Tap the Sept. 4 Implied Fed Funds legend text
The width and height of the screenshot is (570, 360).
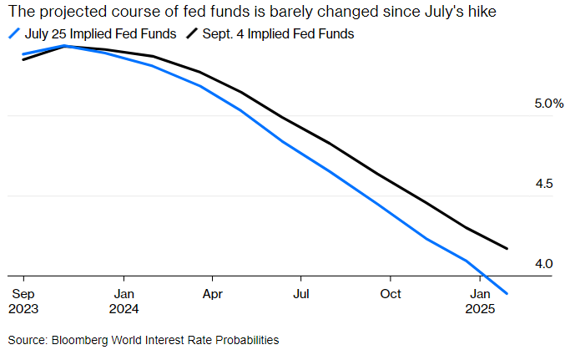point(276,33)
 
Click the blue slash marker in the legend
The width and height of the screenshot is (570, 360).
point(13,33)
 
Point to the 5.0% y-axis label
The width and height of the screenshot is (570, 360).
point(548,104)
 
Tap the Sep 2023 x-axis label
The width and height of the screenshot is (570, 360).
point(23,301)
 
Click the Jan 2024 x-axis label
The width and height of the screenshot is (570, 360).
point(124,301)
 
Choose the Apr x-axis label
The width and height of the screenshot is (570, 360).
point(213,294)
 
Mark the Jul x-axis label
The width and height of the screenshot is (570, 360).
point(301,294)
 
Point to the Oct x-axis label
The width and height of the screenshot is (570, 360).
point(391,294)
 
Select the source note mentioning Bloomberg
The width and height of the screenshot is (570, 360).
point(144,340)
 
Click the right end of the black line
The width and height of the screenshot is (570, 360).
point(507,248)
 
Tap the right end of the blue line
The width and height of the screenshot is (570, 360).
point(507,293)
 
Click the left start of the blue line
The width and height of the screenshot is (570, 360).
point(23,54)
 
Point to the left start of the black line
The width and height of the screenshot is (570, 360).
point(23,59)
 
